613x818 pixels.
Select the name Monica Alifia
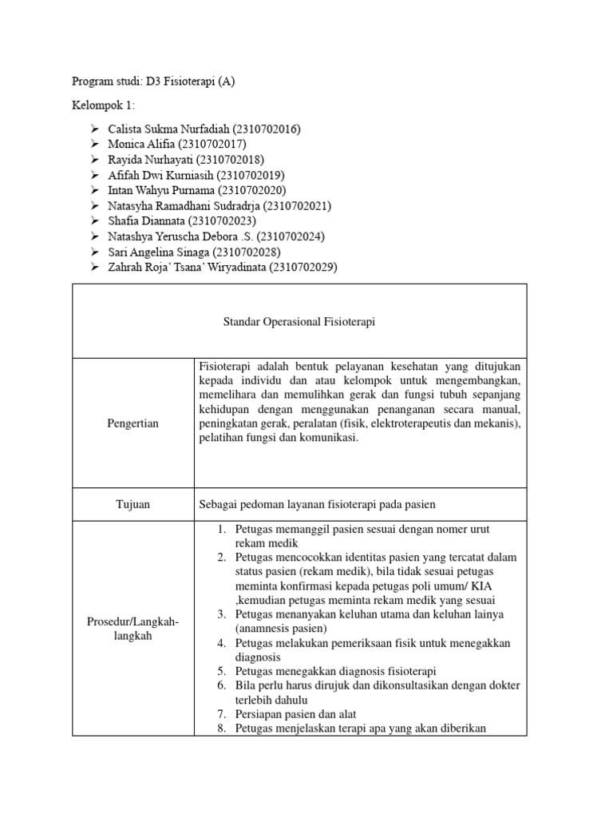click(142, 144)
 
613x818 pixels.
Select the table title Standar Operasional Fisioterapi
click(299, 322)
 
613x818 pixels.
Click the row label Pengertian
click(132, 423)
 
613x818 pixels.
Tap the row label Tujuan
click(132, 505)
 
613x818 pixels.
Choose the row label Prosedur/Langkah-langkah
click(132, 628)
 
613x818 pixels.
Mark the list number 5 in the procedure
click(222, 671)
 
